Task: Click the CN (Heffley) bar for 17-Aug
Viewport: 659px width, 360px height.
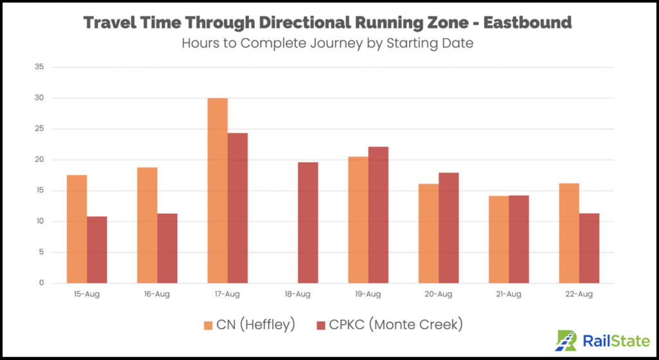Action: [218, 191]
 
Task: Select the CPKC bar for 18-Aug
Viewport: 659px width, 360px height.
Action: [308, 223]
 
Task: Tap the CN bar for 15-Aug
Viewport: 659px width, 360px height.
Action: [77, 229]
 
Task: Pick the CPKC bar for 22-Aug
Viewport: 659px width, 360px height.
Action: [589, 249]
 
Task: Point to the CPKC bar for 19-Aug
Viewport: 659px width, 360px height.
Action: [378, 215]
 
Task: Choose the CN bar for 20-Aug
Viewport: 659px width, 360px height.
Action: [429, 234]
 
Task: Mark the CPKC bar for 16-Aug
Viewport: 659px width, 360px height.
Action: [167, 249]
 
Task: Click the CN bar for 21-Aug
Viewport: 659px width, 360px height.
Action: [499, 240]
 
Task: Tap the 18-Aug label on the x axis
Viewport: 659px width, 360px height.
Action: [297, 294]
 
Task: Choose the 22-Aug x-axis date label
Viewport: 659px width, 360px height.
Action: [579, 294]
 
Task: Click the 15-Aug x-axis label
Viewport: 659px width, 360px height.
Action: [86, 294]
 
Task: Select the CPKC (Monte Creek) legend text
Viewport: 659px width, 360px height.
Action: [398, 325]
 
